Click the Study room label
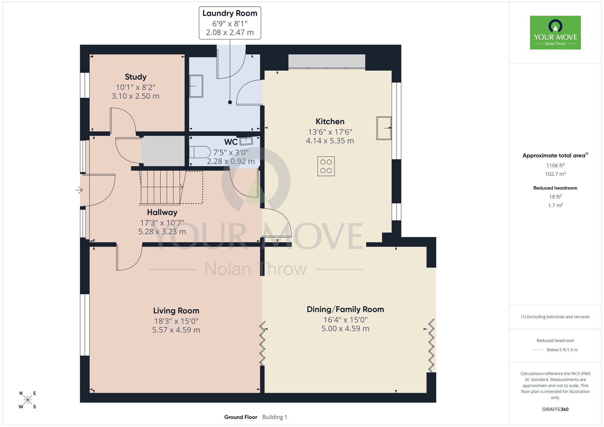[x=136, y=77]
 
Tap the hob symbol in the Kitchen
[x=326, y=166]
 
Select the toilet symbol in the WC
[x=200, y=152]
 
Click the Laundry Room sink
[x=196, y=86]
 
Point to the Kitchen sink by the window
[x=384, y=128]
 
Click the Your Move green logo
[x=555, y=33]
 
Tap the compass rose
[x=27, y=400]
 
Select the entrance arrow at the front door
[x=79, y=190]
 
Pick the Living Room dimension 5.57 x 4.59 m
[x=176, y=330]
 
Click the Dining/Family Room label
[x=345, y=310]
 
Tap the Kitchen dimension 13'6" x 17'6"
[x=330, y=132]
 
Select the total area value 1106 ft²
[x=555, y=165]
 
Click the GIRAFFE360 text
[x=555, y=409]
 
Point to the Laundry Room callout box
[x=230, y=23]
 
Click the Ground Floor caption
[x=240, y=417]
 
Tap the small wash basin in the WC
[x=246, y=141]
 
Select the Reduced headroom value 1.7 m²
[x=555, y=205]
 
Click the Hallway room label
[x=162, y=213]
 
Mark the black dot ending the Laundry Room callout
[x=230, y=102]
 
